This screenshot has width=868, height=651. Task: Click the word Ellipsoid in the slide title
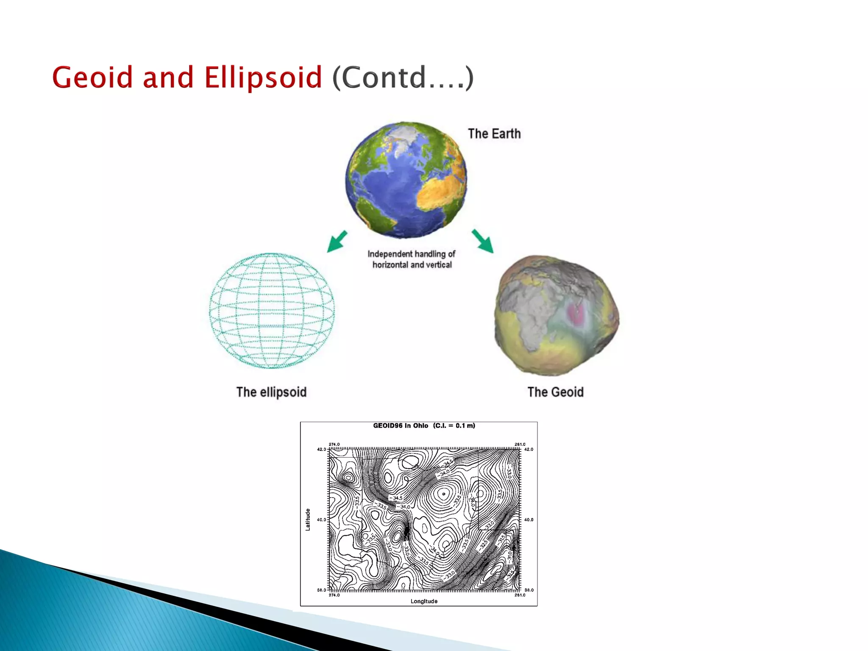pos(263,78)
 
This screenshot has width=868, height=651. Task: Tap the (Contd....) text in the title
pos(403,78)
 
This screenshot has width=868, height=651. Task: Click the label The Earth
pos(494,134)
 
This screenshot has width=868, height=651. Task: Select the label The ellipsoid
pos(271,392)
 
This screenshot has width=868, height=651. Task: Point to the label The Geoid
pos(555,392)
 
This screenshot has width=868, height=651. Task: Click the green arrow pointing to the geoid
pos(483,241)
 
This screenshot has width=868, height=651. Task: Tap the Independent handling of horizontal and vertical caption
pos(411,259)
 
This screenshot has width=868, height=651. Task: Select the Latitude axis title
pos(308,519)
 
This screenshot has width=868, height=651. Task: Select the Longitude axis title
pos(424,601)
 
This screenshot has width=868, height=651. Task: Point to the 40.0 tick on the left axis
pos(321,519)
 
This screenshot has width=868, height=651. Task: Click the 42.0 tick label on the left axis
pos(321,449)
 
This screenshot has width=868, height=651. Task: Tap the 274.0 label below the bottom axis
pos(334,595)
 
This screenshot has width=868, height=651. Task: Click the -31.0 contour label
pos(509,555)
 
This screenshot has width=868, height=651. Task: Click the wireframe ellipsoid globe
pos(272,311)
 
